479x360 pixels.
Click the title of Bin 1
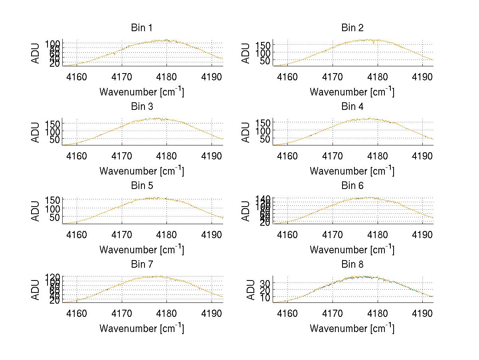pos(142,28)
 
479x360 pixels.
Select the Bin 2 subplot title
pos(352,28)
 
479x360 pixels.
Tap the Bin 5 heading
pos(142,186)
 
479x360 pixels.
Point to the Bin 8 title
pos(352,265)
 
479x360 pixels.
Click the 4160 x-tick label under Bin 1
pos(77,77)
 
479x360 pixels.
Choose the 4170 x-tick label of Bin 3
pos(122,155)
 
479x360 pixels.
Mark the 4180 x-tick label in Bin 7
pos(167,313)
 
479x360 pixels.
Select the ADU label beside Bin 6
pos(246,210)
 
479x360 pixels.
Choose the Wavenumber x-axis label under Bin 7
pos(142,328)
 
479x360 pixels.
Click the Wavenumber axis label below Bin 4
pos(352,171)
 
